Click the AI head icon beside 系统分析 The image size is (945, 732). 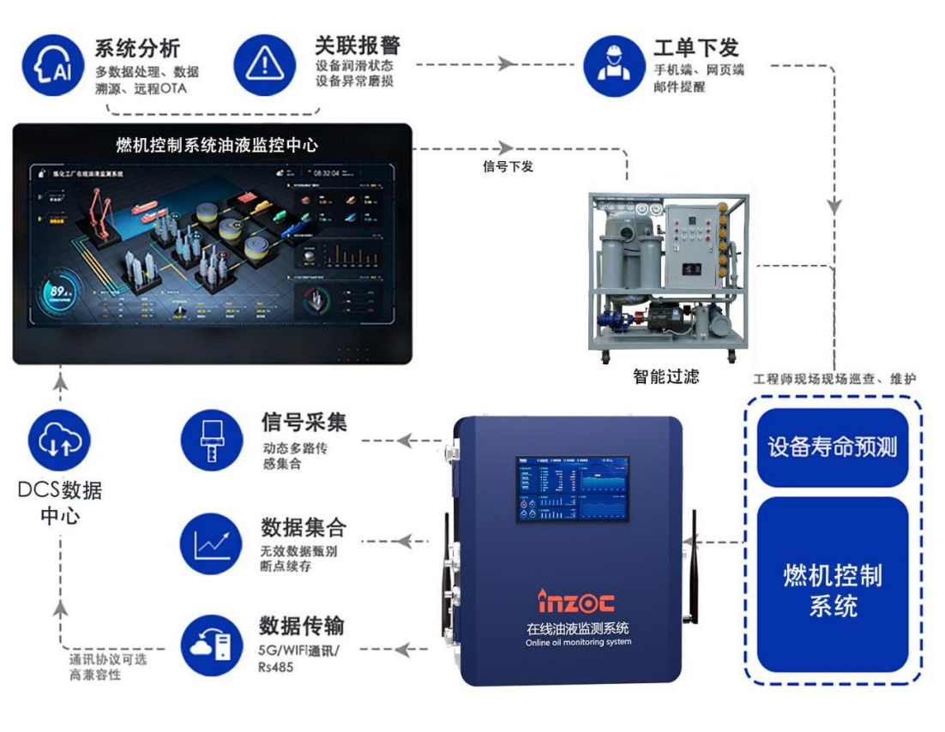pos(53,65)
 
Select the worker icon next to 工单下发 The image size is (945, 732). pos(613,65)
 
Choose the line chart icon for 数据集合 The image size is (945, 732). pos(211,543)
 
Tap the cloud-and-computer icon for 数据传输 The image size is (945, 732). pos(211,645)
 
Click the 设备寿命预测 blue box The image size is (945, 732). pos(832,447)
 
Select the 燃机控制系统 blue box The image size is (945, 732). pos(832,590)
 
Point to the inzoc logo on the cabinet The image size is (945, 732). pos(575,601)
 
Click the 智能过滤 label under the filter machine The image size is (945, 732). pos(665,375)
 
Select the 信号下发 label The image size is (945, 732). pos(508,166)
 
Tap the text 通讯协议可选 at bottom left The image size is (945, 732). pos(108,660)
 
